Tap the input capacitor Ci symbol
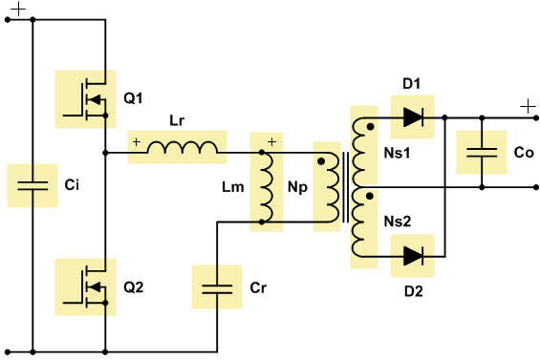click(x=32, y=185)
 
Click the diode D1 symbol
click(x=413, y=117)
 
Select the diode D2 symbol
click(x=413, y=256)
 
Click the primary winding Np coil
click(x=327, y=185)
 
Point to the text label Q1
click(x=133, y=98)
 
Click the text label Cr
click(x=257, y=286)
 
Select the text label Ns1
click(x=399, y=154)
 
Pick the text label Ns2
click(x=399, y=221)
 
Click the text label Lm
click(x=232, y=187)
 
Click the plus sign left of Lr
click(x=136, y=142)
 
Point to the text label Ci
click(x=72, y=185)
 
